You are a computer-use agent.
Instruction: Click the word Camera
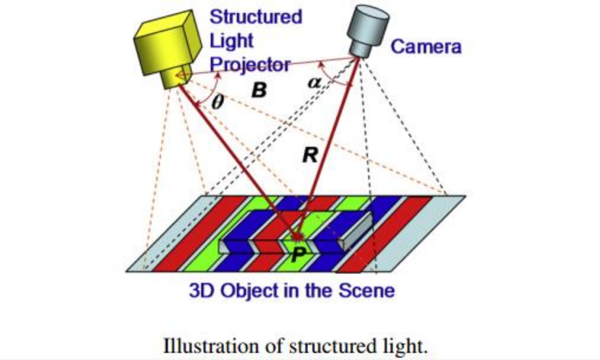coord(425,47)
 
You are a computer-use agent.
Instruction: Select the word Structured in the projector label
coord(255,16)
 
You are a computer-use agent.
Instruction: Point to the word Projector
coord(249,64)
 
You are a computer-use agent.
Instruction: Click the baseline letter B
coord(258,90)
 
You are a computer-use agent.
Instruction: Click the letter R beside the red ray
coord(310,155)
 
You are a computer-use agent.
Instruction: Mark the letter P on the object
coord(298,255)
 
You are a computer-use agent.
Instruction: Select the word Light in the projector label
coord(231,40)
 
